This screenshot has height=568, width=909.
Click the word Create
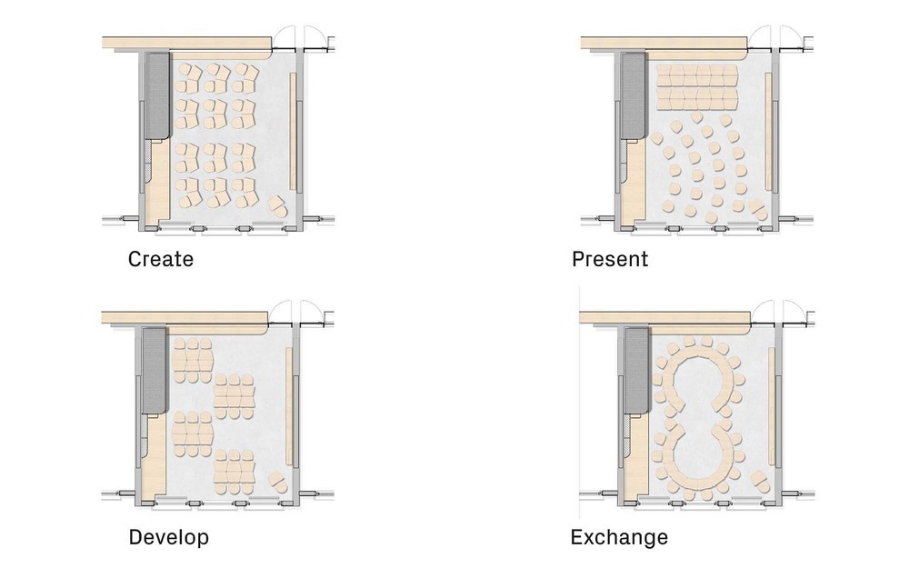(161, 259)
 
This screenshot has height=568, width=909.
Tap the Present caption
(610, 259)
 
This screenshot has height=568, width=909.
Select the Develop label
(169, 537)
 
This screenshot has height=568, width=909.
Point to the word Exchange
(619, 537)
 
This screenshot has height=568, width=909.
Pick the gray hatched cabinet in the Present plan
(634, 95)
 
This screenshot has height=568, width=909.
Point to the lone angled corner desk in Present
(758, 210)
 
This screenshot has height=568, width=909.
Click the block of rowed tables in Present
(697, 87)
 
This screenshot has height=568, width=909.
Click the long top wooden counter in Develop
(185, 318)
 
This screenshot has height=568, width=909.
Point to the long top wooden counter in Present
(664, 44)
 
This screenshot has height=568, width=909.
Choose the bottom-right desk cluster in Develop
(235, 472)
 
